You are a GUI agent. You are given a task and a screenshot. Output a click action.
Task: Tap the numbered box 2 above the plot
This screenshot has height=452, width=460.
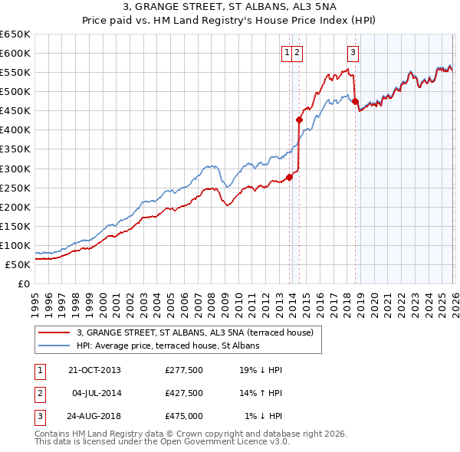coord(297,53)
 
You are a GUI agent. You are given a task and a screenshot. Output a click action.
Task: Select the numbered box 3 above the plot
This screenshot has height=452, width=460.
coord(352,53)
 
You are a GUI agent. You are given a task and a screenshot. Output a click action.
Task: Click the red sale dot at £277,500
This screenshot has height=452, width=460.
coord(289,177)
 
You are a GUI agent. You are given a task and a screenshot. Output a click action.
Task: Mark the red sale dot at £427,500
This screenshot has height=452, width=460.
coord(299,120)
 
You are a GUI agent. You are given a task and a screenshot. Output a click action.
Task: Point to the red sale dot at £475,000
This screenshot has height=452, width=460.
coord(355,101)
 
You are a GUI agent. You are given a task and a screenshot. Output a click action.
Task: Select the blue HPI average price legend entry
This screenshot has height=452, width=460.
coord(168,346)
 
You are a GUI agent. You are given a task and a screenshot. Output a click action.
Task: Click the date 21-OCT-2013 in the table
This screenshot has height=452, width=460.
coord(95,370)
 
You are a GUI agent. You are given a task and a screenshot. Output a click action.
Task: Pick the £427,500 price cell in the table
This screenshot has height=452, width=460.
coord(183,393)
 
